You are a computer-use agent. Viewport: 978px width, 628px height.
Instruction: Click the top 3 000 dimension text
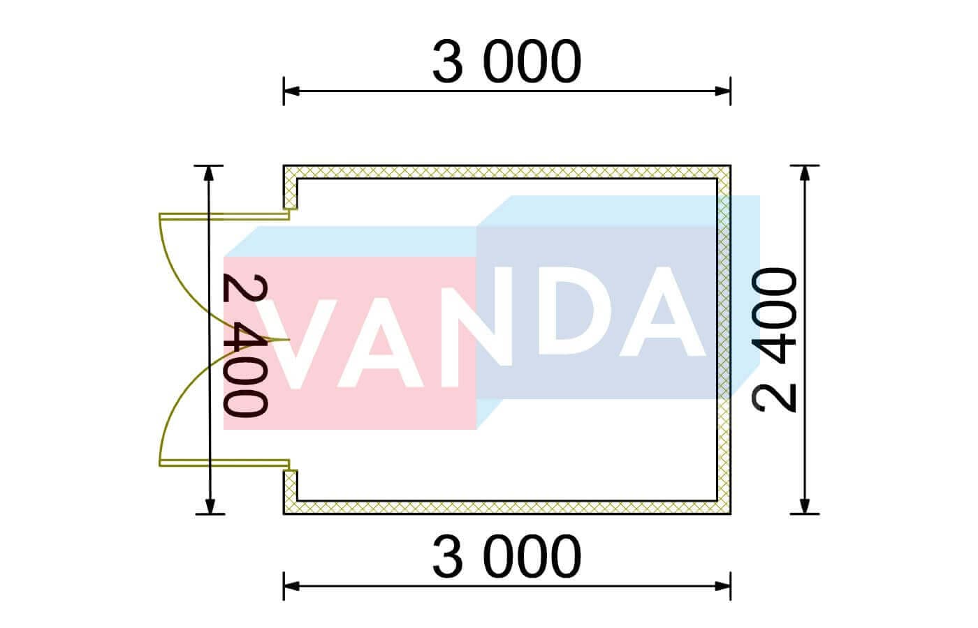(x=506, y=61)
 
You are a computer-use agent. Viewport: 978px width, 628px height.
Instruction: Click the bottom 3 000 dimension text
(x=506, y=557)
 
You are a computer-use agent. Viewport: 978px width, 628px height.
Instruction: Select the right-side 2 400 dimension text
(x=775, y=340)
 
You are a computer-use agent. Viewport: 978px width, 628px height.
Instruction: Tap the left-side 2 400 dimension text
(x=244, y=347)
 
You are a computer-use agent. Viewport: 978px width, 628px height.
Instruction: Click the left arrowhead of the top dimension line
(x=291, y=91)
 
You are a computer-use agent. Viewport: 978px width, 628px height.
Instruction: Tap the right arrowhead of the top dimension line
(x=724, y=91)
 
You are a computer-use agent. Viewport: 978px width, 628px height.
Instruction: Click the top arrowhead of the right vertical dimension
(x=805, y=173)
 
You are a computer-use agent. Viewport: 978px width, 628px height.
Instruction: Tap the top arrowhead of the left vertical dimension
(x=209, y=173)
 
